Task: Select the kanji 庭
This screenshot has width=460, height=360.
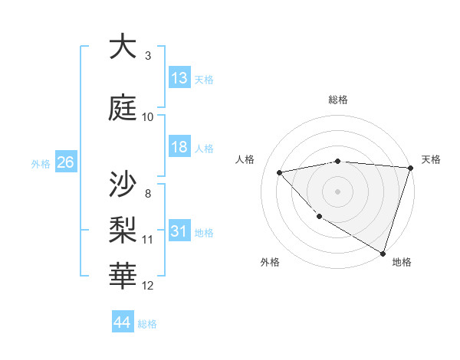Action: [x=123, y=107]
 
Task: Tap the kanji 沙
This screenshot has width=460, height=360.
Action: [x=123, y=183]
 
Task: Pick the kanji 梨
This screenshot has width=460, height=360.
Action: [x=123, y=228]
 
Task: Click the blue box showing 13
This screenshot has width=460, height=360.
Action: [x=179, y=78]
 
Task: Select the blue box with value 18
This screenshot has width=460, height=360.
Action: [x=179, y=147]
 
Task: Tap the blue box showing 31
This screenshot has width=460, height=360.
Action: [x=179, y=231]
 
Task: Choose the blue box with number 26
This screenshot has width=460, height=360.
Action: [x=65, y=162]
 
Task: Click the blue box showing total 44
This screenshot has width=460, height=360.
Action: [x=123, y=322]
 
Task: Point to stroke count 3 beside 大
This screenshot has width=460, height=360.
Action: [x=148, y=56]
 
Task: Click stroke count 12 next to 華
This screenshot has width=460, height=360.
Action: [x=148, y=286]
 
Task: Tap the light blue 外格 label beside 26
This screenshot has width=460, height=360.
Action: [x=41, y=163]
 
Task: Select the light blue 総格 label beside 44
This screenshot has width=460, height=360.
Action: [x=147, y=324]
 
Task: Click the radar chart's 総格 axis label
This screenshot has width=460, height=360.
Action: [x=337, y=100]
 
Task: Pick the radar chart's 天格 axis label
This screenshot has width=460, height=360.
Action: [x=431, y=159]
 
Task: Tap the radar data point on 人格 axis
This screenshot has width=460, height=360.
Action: [x=280, y=172]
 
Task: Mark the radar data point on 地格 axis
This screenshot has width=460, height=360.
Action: [x=383, y=252]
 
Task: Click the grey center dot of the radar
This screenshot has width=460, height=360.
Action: [x=337, y=191]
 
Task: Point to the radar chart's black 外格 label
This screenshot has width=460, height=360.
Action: [x=270, y=262]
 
